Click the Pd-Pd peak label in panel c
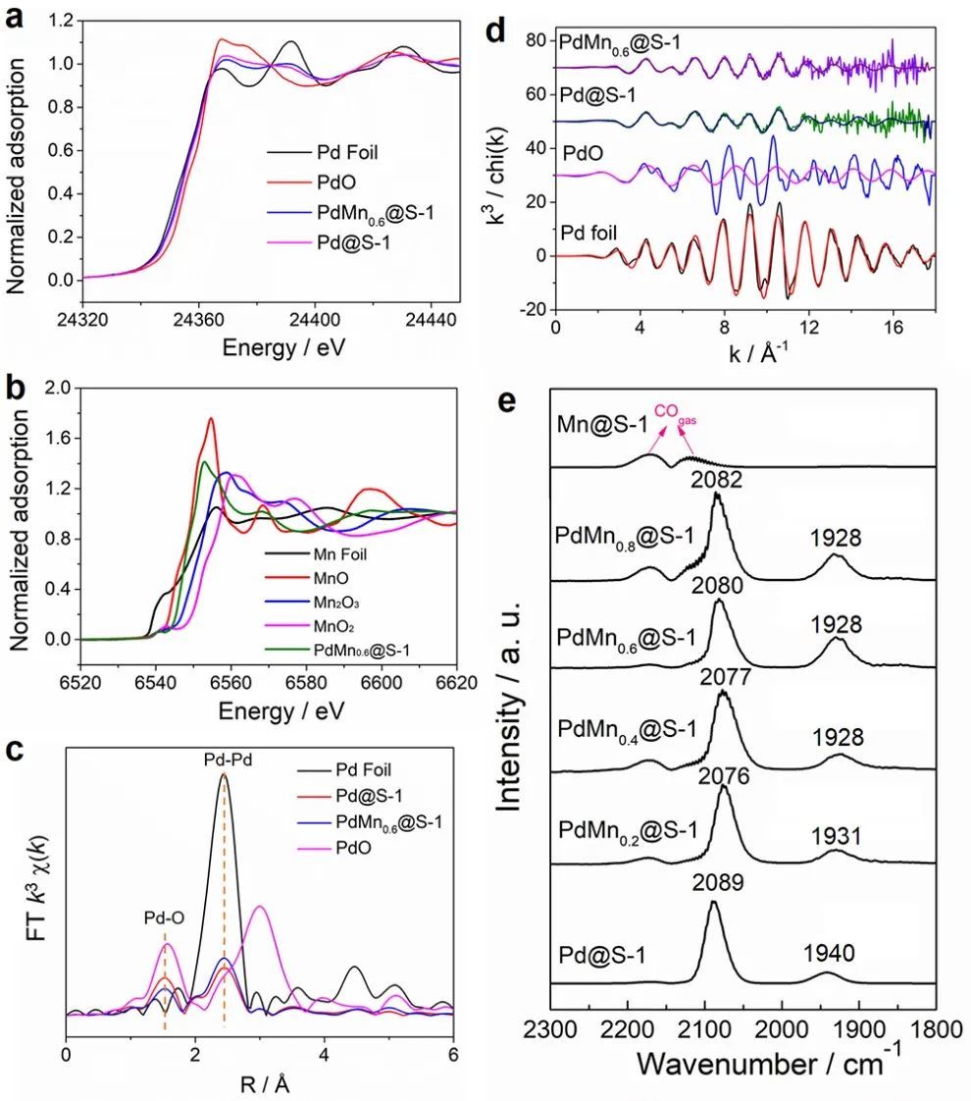[224, 760]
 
